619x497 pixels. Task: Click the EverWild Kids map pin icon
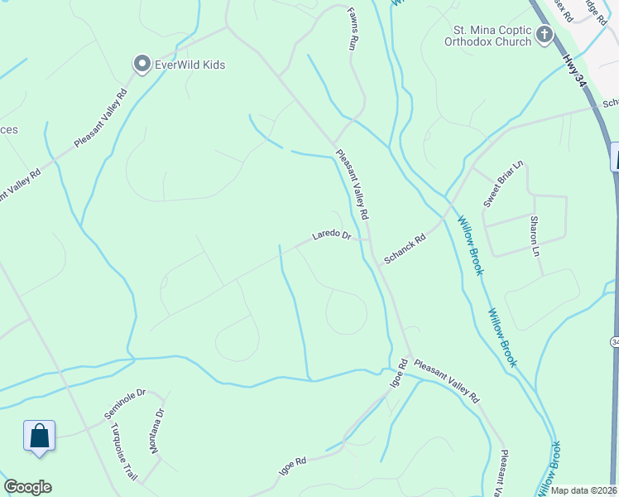coord(142,64)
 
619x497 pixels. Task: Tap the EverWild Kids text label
coord(189,65)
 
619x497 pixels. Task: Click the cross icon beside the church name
coord(545,34)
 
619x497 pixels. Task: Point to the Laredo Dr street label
coord(332,235)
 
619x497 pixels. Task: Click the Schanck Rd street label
coord(404,248)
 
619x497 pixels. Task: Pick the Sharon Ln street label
coord(535,236)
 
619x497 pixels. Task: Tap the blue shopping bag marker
coord(39,435)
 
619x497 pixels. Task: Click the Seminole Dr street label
coord(124,403)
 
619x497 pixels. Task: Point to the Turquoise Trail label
coord(123,451)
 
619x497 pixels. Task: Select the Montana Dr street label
coord(156,431)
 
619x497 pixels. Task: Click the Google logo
coord(27,487)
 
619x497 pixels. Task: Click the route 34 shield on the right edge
coord(615,341)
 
